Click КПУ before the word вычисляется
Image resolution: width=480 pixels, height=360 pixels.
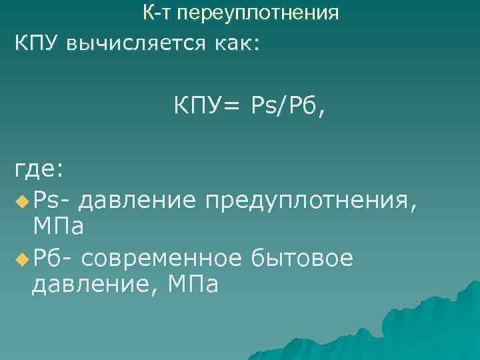[39, 43]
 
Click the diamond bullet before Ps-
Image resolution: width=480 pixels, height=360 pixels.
[22, 199]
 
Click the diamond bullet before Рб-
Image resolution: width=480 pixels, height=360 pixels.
[22, 257]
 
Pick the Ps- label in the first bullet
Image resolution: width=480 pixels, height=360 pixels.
[53, 199]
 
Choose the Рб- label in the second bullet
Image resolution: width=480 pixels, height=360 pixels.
[54, 257]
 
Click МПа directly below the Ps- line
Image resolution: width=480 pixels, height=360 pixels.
[58, 227]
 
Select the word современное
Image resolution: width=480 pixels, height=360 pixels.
[164, 257]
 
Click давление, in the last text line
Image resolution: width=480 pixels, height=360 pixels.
[95, 285]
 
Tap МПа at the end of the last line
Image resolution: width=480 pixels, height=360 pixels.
[194, 285]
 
